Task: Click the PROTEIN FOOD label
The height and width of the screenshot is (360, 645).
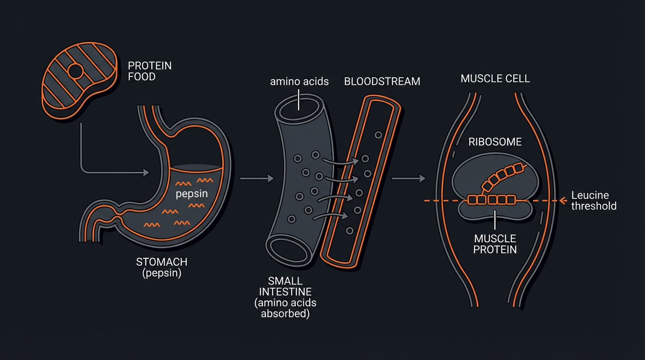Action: tap(150, 71)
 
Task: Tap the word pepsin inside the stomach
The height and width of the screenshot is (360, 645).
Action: tap(191, 194)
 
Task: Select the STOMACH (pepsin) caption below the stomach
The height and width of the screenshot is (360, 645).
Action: tap(161, 267)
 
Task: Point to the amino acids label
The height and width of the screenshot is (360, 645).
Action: tap(299, 82)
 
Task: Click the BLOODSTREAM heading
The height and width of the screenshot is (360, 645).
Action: tap(382, 82)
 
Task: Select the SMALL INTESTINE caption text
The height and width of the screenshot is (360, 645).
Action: tap(285, 298)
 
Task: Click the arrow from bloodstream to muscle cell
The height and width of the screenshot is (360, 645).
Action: tap(408, 178)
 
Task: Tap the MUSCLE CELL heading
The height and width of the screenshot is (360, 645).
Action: tap(495, 79)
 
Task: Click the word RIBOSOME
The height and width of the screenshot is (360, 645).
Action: tap(495, 142)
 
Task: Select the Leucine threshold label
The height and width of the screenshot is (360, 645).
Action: tap(593, 201)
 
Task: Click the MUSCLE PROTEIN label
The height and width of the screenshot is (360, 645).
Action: tap(495, 244)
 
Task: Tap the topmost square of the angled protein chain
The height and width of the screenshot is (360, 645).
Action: tap(518, 168)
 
